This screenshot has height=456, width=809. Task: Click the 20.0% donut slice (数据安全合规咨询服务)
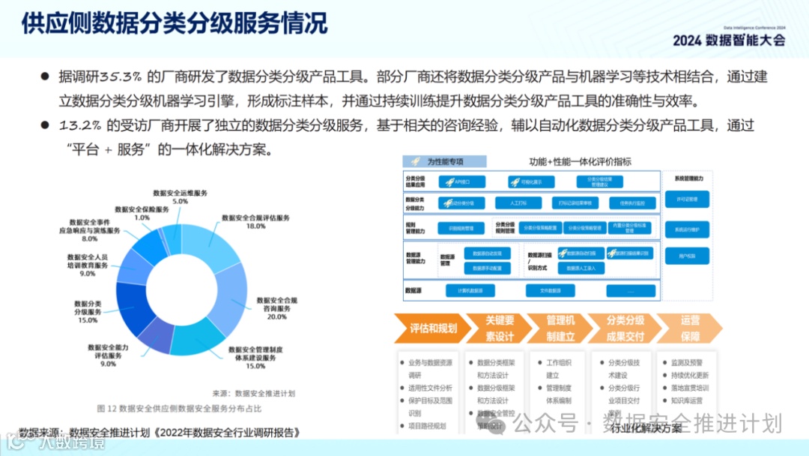tap(234, 298)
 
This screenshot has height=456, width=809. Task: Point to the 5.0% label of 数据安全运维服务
tap(180, 201)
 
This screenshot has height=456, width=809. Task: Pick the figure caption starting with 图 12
tap(180, 408)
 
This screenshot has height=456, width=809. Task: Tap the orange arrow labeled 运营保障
tap(690, 328)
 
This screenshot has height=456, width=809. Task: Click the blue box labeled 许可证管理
tap(686, 199)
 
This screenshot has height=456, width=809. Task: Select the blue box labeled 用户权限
tap(686, 256)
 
